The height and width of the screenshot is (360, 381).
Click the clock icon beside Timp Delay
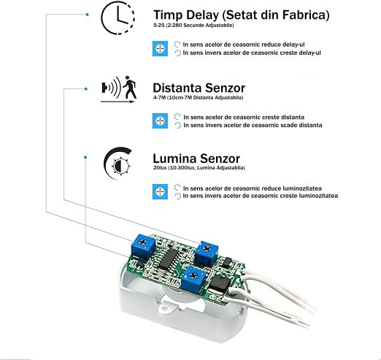[101, 18]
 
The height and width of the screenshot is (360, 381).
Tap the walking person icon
[130, 88]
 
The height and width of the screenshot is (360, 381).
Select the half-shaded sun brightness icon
[120, 166]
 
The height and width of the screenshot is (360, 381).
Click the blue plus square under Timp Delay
[160, 49]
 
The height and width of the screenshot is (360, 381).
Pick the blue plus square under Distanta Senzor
[160, 120]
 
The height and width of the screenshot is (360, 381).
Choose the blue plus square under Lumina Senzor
[160, 192]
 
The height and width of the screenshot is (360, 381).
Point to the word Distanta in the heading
[177, 88]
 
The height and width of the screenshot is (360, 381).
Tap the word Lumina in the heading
[174, 158]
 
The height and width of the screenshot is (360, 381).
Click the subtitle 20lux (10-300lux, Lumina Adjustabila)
[199, 168]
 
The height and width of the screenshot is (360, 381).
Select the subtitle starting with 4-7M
[198, 98]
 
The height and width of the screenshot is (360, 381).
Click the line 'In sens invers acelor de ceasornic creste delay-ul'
[252, 53]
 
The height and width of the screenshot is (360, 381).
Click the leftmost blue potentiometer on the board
[143, 246]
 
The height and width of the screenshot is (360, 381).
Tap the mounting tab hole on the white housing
[165, 309]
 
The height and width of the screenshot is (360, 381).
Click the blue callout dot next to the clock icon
[88, 15]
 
